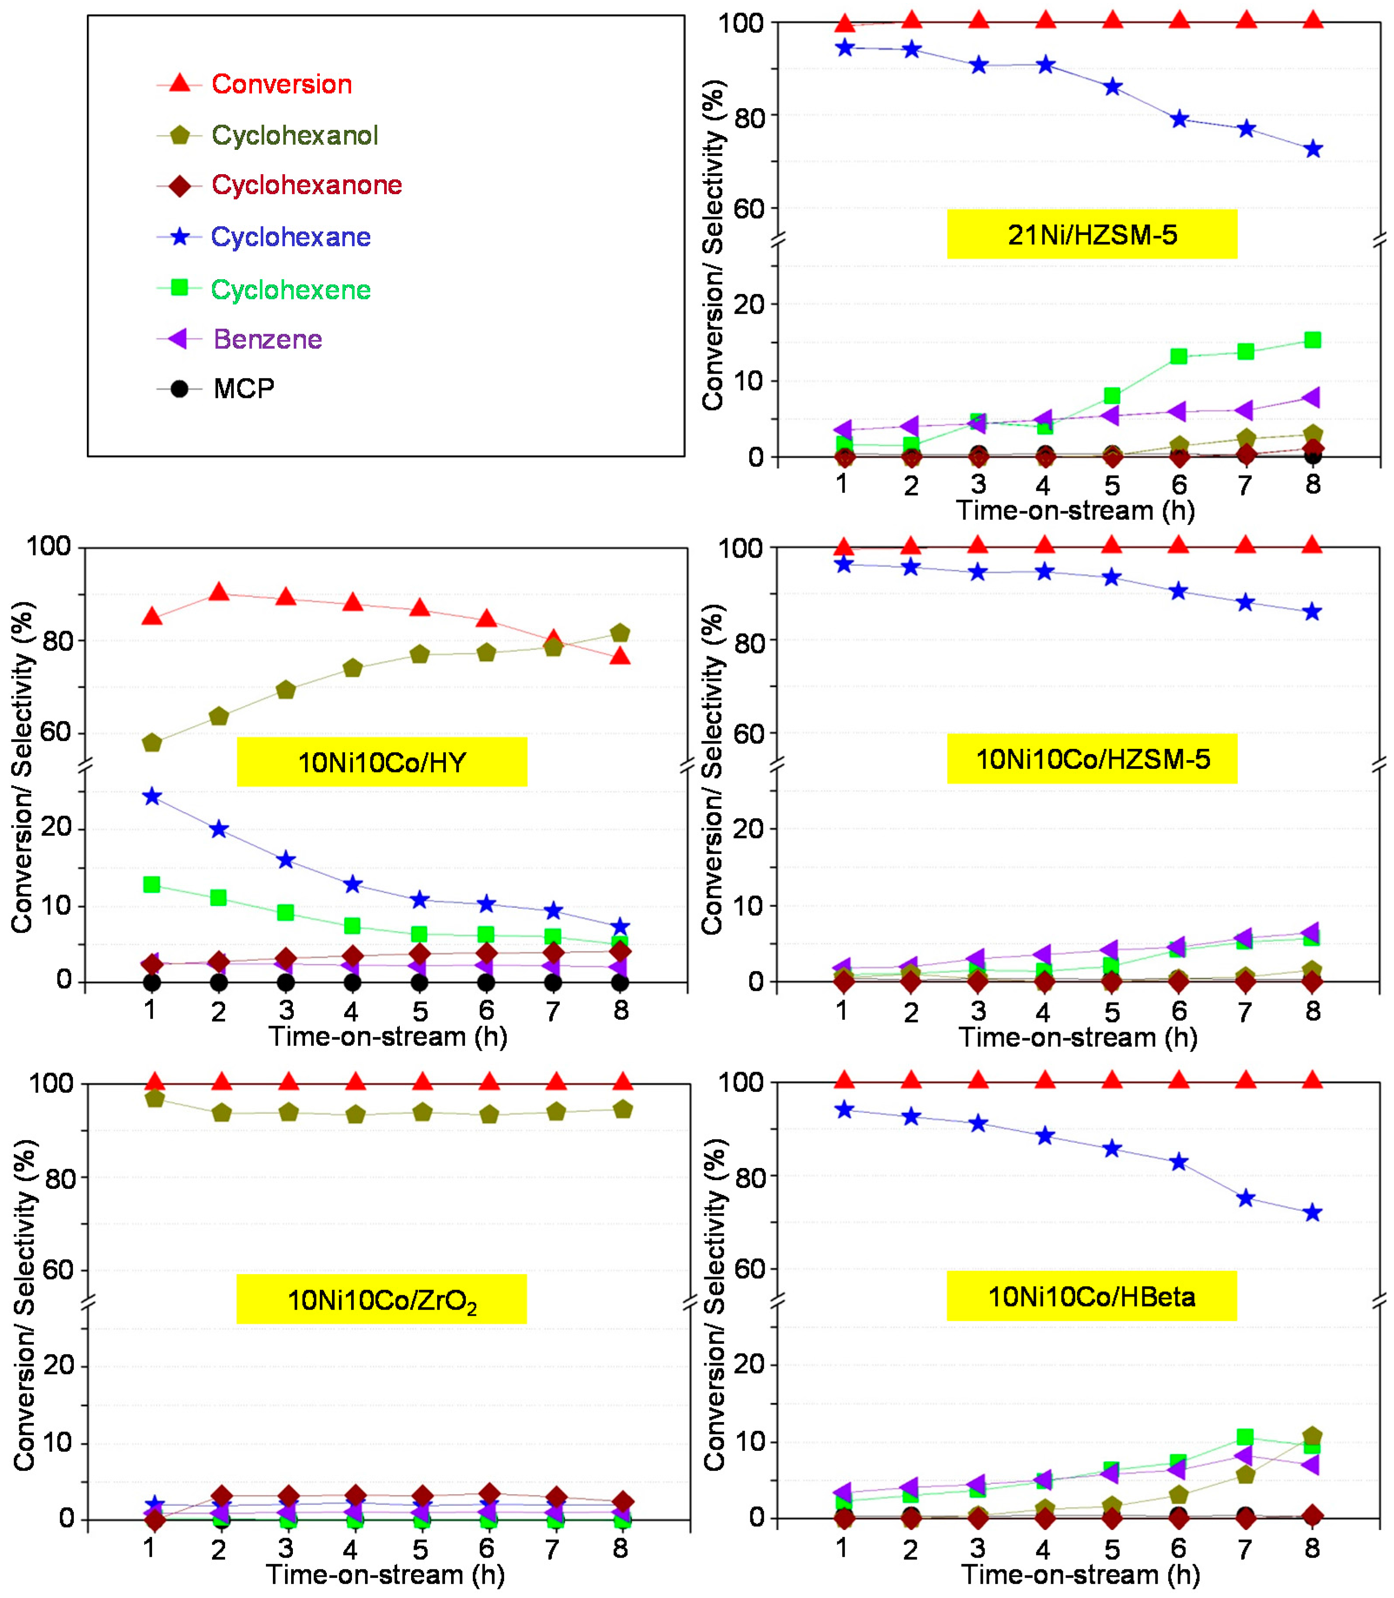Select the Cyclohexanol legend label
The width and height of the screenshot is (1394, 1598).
tap(295, 136)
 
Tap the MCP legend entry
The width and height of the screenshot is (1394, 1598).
tap(243, 388)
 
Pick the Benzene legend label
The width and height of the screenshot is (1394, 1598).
tap(268, 339)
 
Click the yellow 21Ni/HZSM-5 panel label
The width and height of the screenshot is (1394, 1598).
tap(1092, 234)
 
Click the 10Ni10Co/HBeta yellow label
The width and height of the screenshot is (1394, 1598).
tap(1092, 1296)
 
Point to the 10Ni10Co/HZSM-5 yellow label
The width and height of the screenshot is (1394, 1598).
tap(1092, 759)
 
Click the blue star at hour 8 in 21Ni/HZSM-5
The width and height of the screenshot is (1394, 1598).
tap(1312, 149)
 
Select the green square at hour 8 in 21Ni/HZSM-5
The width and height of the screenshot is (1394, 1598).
tap(1312, 340)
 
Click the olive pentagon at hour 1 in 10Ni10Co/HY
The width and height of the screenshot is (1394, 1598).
tap(153, 743)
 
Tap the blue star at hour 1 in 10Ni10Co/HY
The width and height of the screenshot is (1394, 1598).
tap(153, 796)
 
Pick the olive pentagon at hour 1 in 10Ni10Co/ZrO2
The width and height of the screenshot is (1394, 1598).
tap(155, 1099)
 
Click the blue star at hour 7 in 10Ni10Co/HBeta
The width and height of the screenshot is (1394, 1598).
tap(1245, 1198)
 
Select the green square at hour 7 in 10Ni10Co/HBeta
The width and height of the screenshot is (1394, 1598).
tap(1245, 1437)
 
